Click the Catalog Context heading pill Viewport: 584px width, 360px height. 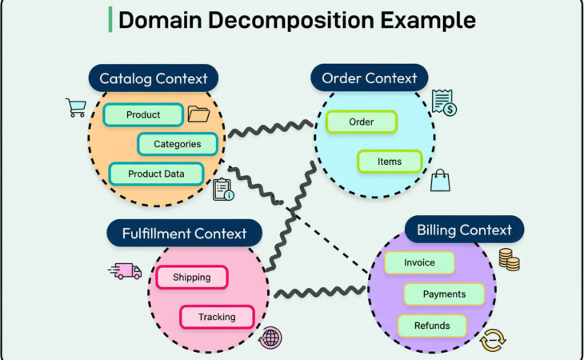click(153, 78)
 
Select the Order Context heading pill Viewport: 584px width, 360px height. click(369, 78)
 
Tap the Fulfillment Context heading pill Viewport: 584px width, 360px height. click(184, 234)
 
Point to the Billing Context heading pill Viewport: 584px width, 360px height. click(464, 230)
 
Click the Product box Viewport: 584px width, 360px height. click(143, 114)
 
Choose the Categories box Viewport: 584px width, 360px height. click(177, 144)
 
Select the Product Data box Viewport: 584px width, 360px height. click(156, 173)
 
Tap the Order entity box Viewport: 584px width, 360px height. click(362, 122)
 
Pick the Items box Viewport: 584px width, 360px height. click(390, 162)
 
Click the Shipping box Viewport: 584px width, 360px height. click(190, 278)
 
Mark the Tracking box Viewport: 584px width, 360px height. click(217, 317)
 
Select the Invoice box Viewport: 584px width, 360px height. click(419, 262)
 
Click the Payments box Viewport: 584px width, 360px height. click(444, 294)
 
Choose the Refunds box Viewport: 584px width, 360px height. click(432, 326)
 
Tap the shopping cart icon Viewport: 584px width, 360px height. click(76, 107)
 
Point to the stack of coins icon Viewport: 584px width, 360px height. click(509, 259)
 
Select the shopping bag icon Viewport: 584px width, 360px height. click(441, 180)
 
